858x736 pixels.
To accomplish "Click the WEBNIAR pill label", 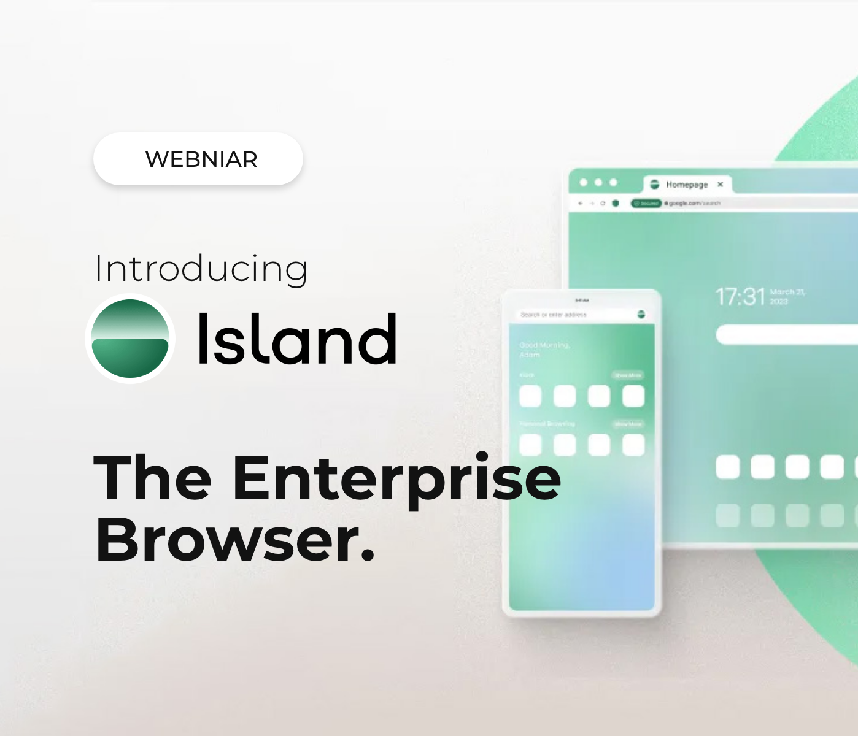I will click(201, 159).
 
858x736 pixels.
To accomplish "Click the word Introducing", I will click(201, 269).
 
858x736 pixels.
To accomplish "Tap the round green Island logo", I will click(130, 339).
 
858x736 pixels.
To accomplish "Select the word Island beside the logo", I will click(298, 339).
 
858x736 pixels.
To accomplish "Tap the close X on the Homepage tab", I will click(721, 184).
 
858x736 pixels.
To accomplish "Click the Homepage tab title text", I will click(687, 185).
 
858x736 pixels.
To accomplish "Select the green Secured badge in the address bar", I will click(646, 203).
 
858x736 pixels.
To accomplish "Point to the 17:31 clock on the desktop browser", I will click(740, 297).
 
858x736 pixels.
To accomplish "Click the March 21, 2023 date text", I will click(787, 297).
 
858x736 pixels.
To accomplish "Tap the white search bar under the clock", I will click(786, 335).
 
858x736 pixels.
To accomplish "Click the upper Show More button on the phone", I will click(628, 375).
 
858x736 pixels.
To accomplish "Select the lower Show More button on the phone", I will click(628, 424).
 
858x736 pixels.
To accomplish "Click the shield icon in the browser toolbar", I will click(616, 203).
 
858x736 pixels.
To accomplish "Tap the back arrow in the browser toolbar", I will click(580, 203).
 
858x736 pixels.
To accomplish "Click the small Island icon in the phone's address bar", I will click(641, 315).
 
